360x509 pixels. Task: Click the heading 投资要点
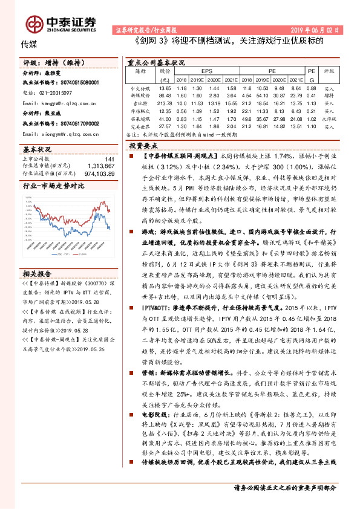(x=144, y=146)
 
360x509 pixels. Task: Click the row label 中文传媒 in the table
(x=141, y=88)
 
